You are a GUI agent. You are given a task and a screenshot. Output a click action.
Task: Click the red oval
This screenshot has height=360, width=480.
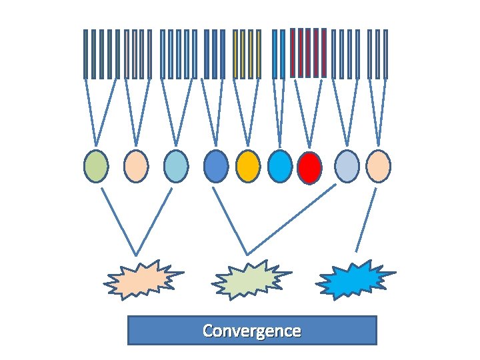point(309,167)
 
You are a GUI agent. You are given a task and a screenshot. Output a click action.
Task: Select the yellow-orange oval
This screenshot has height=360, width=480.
point(248,166)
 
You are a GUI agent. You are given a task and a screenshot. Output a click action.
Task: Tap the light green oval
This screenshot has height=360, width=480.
point(96,166)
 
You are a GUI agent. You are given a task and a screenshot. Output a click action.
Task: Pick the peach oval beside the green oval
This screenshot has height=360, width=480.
point(136,166)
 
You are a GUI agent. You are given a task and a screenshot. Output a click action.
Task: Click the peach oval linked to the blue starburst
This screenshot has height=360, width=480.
point(378,166)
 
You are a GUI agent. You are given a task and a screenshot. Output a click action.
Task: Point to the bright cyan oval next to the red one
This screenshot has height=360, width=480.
point(280,166)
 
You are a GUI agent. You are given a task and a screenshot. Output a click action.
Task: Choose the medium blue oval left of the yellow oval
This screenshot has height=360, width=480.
point(215,166)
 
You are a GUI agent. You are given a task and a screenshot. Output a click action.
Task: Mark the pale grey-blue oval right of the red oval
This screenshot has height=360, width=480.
point(347,166)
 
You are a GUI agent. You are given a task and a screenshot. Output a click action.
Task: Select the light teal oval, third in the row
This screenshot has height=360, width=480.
point(176,166)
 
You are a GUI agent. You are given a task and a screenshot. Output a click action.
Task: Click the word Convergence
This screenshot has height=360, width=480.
point(252,331)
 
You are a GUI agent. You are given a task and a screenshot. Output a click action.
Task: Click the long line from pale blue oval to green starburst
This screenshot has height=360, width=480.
point(291,219)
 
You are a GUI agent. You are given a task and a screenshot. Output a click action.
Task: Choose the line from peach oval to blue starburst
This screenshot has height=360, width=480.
point(366,219)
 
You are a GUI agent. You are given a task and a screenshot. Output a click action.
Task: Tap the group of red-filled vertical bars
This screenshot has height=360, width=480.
point(309,53)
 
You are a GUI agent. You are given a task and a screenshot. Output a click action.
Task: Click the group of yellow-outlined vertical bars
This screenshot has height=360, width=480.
point(247,54)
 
